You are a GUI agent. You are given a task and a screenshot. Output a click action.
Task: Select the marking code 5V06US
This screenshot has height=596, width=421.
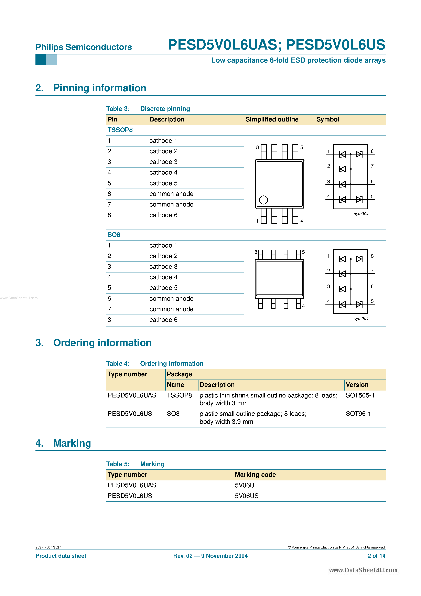247,496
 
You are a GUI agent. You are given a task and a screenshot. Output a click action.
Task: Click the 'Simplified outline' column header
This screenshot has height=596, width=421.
272,119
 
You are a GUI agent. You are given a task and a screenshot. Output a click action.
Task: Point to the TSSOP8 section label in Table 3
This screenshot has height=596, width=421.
120,130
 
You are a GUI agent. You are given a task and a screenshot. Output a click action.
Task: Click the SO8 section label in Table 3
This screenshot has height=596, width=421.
114,235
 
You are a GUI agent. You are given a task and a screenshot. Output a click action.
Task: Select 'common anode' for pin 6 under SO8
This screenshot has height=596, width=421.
171,299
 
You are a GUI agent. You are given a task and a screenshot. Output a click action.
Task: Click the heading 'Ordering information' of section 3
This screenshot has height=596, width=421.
102,343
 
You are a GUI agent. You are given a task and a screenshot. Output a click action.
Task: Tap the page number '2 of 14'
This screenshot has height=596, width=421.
376,556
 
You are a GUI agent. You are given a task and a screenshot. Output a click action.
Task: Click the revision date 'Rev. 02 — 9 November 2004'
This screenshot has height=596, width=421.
210,556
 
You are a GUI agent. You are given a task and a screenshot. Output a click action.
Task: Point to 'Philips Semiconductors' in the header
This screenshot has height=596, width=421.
84,47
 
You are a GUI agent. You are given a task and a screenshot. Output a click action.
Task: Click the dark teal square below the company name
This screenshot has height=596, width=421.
41,60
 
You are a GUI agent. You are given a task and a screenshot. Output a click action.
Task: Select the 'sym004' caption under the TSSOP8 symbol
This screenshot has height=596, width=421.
361,214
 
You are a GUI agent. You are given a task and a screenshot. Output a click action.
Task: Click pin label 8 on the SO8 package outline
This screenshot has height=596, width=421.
256,252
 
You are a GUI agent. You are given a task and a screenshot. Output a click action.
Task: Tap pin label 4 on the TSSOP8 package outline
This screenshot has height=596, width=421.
302,221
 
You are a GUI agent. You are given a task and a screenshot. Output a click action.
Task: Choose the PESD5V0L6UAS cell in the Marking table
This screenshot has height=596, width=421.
132,485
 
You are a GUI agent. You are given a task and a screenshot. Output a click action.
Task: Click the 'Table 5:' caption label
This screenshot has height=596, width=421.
118,464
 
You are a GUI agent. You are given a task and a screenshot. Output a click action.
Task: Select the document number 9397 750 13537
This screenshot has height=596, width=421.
48,547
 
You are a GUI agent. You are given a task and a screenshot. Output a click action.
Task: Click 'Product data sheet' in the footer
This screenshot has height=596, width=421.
61,556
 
